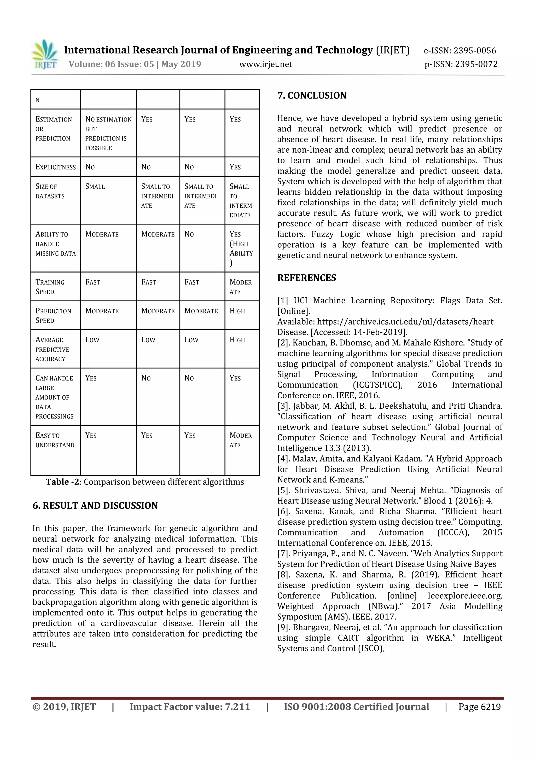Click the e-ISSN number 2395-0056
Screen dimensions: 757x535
(x=474, y=50)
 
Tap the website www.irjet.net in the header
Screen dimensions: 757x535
(x=265, y=64)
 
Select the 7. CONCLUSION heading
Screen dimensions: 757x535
(x=312, y=96)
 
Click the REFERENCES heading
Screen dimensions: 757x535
(x=307, y=278)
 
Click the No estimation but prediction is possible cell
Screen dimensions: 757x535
(x=108, y=133)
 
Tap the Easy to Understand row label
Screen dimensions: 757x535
(x=55, y=440)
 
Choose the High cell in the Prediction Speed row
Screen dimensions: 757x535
(x=237, y=311)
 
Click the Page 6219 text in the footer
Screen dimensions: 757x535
(x=479, y=707)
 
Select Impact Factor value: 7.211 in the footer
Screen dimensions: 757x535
(x=190, y=707)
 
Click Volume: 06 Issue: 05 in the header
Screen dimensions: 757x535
(x=111, y=64)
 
